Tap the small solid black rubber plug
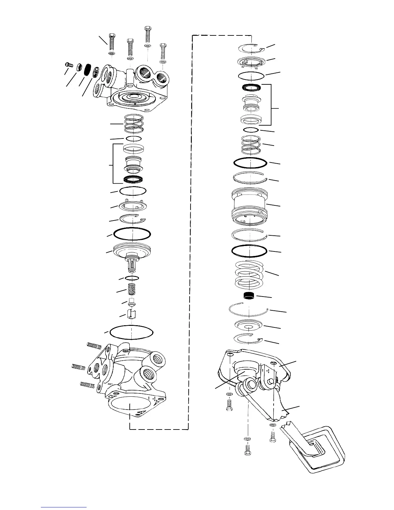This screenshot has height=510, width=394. click(249, 296)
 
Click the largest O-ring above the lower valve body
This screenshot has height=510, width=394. click(131, 332)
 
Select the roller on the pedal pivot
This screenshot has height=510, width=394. click(249, 384)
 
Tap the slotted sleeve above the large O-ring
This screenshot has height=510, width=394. click(132, 313)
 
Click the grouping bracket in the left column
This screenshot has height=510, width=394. click(112, 163)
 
